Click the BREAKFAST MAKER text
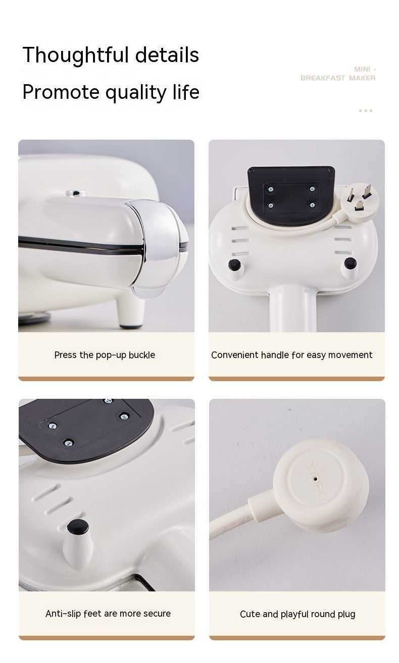pos(338,78)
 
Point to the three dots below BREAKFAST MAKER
pos(365,110)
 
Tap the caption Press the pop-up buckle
pos(105,355)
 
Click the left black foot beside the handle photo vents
pos(233,265)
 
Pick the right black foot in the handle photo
pos(349,263)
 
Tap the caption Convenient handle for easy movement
pos(291,355)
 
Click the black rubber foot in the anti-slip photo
pos(78,527)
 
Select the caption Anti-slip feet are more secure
pos(108,614)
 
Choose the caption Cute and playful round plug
pos(297,614)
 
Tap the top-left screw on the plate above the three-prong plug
pos(271,189)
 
